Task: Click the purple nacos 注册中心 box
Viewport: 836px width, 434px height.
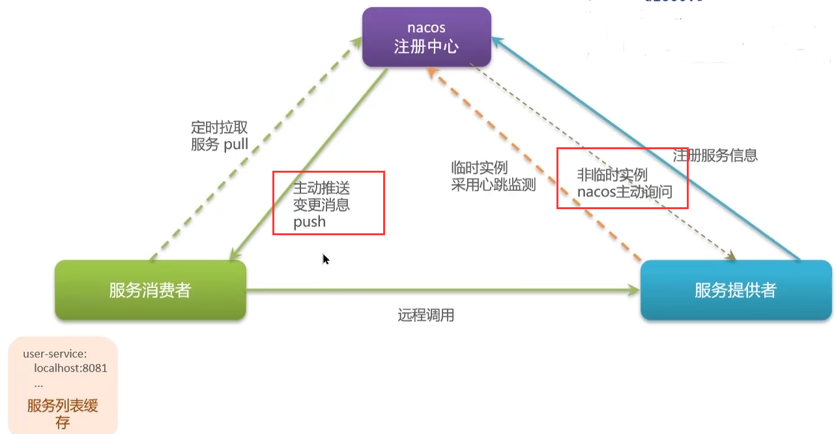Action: (x=427, y=37)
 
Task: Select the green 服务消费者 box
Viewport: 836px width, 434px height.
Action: (x=150, y=290)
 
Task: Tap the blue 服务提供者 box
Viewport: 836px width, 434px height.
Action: (x=736, y=290)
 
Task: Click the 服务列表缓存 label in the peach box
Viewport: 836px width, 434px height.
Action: (x=63, y=414)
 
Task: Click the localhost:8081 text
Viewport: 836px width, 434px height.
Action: (x=70, y=368)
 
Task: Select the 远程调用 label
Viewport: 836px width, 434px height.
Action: (x=425, y=316)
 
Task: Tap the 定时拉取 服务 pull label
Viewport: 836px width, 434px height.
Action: (x=220, y=136)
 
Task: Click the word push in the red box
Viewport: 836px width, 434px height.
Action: (x=310, y=222)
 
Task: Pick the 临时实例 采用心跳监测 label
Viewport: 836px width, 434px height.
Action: (x=493, y=176)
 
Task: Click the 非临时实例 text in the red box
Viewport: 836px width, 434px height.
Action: (x=612, y=175)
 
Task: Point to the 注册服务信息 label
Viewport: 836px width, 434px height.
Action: (x=715, y=156)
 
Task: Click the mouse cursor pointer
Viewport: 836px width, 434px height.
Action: (x=325, y=258)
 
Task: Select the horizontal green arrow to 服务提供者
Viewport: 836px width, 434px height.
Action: (x=443, y=290)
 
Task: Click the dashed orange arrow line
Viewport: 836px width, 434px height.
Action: (x=534, y=163)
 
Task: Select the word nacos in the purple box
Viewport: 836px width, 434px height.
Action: (x=426, y=28)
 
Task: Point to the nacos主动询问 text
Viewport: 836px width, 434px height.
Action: (x=624, y=192)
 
